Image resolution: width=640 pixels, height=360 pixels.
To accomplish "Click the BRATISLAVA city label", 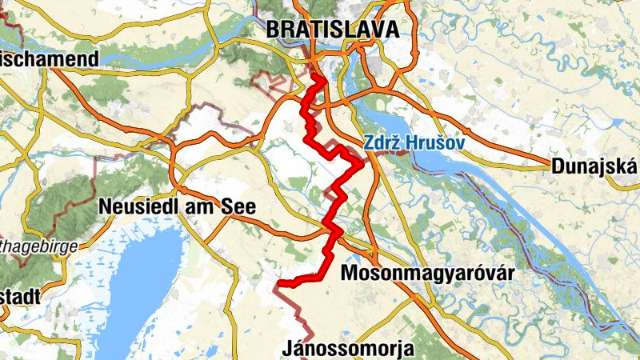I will [x=331, y=30].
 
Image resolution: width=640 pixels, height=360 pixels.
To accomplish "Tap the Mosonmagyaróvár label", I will [x=426, y=274].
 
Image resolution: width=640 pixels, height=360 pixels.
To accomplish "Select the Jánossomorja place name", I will [x=348, y=349].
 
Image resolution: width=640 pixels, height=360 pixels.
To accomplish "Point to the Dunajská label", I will [x=593, y=166].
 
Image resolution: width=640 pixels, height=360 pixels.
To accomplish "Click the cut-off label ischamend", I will [x=50, y=59].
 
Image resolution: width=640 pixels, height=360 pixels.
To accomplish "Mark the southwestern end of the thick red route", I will [x=278, y=283].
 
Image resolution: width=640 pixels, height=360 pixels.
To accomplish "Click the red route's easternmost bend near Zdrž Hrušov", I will [x=360, y=164].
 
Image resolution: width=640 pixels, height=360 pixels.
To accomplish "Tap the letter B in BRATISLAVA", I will [x=273, y=30].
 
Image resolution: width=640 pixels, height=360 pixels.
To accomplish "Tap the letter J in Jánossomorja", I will [x=288, y=349].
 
